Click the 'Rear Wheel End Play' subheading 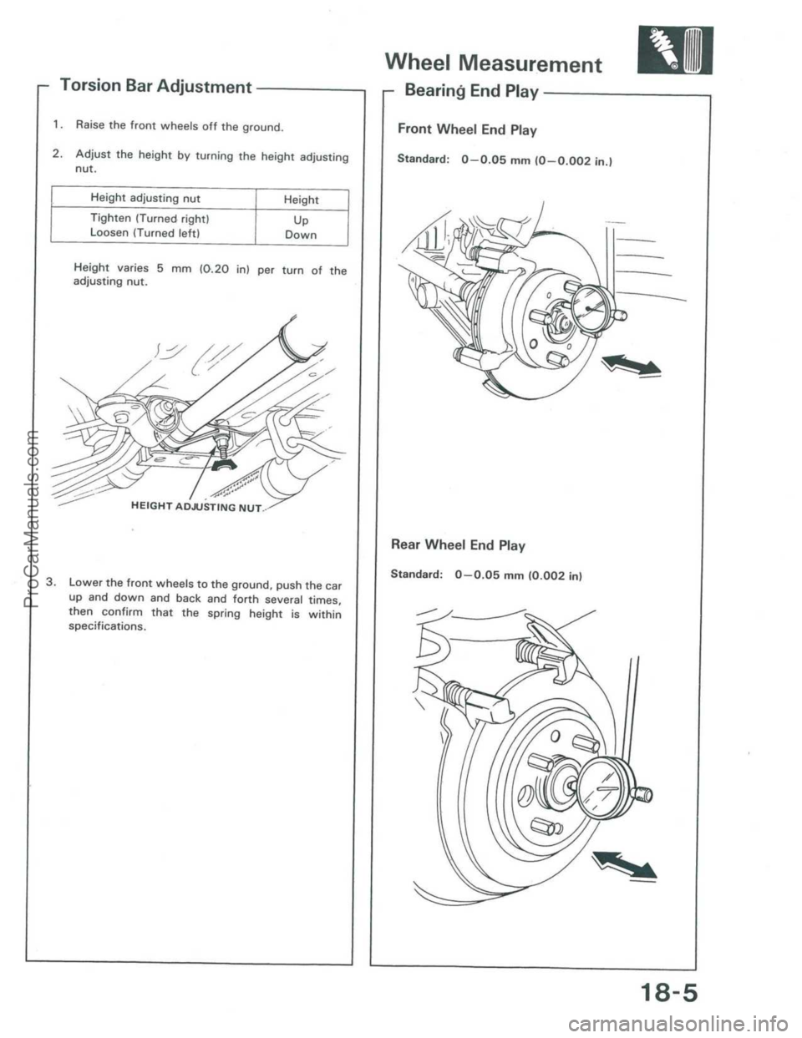(461, 545)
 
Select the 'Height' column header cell (301, 199)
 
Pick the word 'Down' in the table (301, 235)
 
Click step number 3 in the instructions (52, 580)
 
